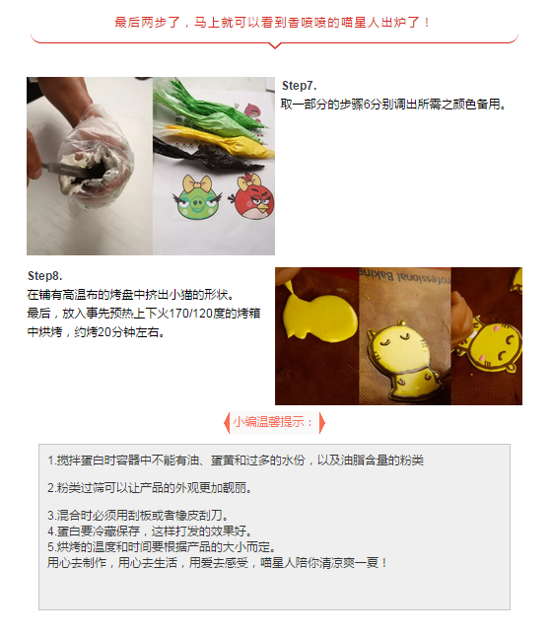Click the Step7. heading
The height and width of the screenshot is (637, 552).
click(299, 86)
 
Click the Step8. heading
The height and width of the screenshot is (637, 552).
click(44, 276)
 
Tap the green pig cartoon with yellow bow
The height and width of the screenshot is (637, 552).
click(198, 197)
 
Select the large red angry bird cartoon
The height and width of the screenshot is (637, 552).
click(252, 197)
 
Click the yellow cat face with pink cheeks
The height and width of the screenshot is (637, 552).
click(494, 345)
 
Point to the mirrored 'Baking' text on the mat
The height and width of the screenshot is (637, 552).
click(377, 275)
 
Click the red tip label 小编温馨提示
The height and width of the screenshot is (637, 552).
click(274, 422)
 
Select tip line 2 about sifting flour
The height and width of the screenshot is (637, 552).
click(150, 487)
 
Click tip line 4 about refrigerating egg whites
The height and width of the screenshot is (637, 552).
click(150, 531)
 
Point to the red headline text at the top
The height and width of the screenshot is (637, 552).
click(272, 22)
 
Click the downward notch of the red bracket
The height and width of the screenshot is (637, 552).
click(275, 46)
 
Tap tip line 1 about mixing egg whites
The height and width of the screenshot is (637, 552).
click(236, 460)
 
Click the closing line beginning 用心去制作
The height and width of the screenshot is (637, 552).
click(217, 563)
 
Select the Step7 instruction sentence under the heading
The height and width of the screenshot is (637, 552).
click(393, 105)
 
